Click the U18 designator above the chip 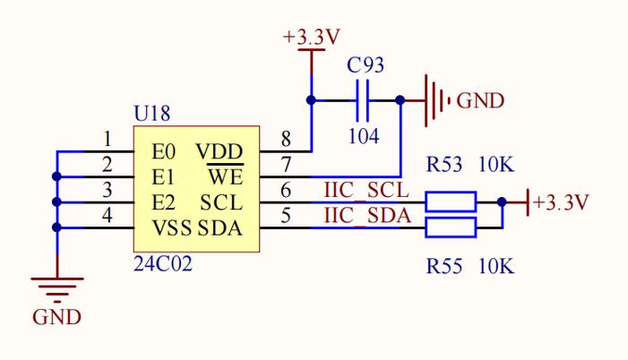point(151,114)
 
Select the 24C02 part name point(163,265)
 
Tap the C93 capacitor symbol point(362,100)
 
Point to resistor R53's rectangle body point(450,201)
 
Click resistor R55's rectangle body point(450,227)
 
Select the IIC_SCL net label point(365,192)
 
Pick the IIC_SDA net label point(365,216)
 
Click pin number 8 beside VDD point(286,139)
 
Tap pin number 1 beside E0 point(107,139)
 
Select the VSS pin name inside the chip point(172,228)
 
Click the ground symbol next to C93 point(435,100)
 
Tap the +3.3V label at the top point(311,38)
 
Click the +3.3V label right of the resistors point(561,202)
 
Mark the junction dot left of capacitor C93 point(311,100)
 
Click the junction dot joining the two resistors point(502,202)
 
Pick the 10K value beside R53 point(496,165)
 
